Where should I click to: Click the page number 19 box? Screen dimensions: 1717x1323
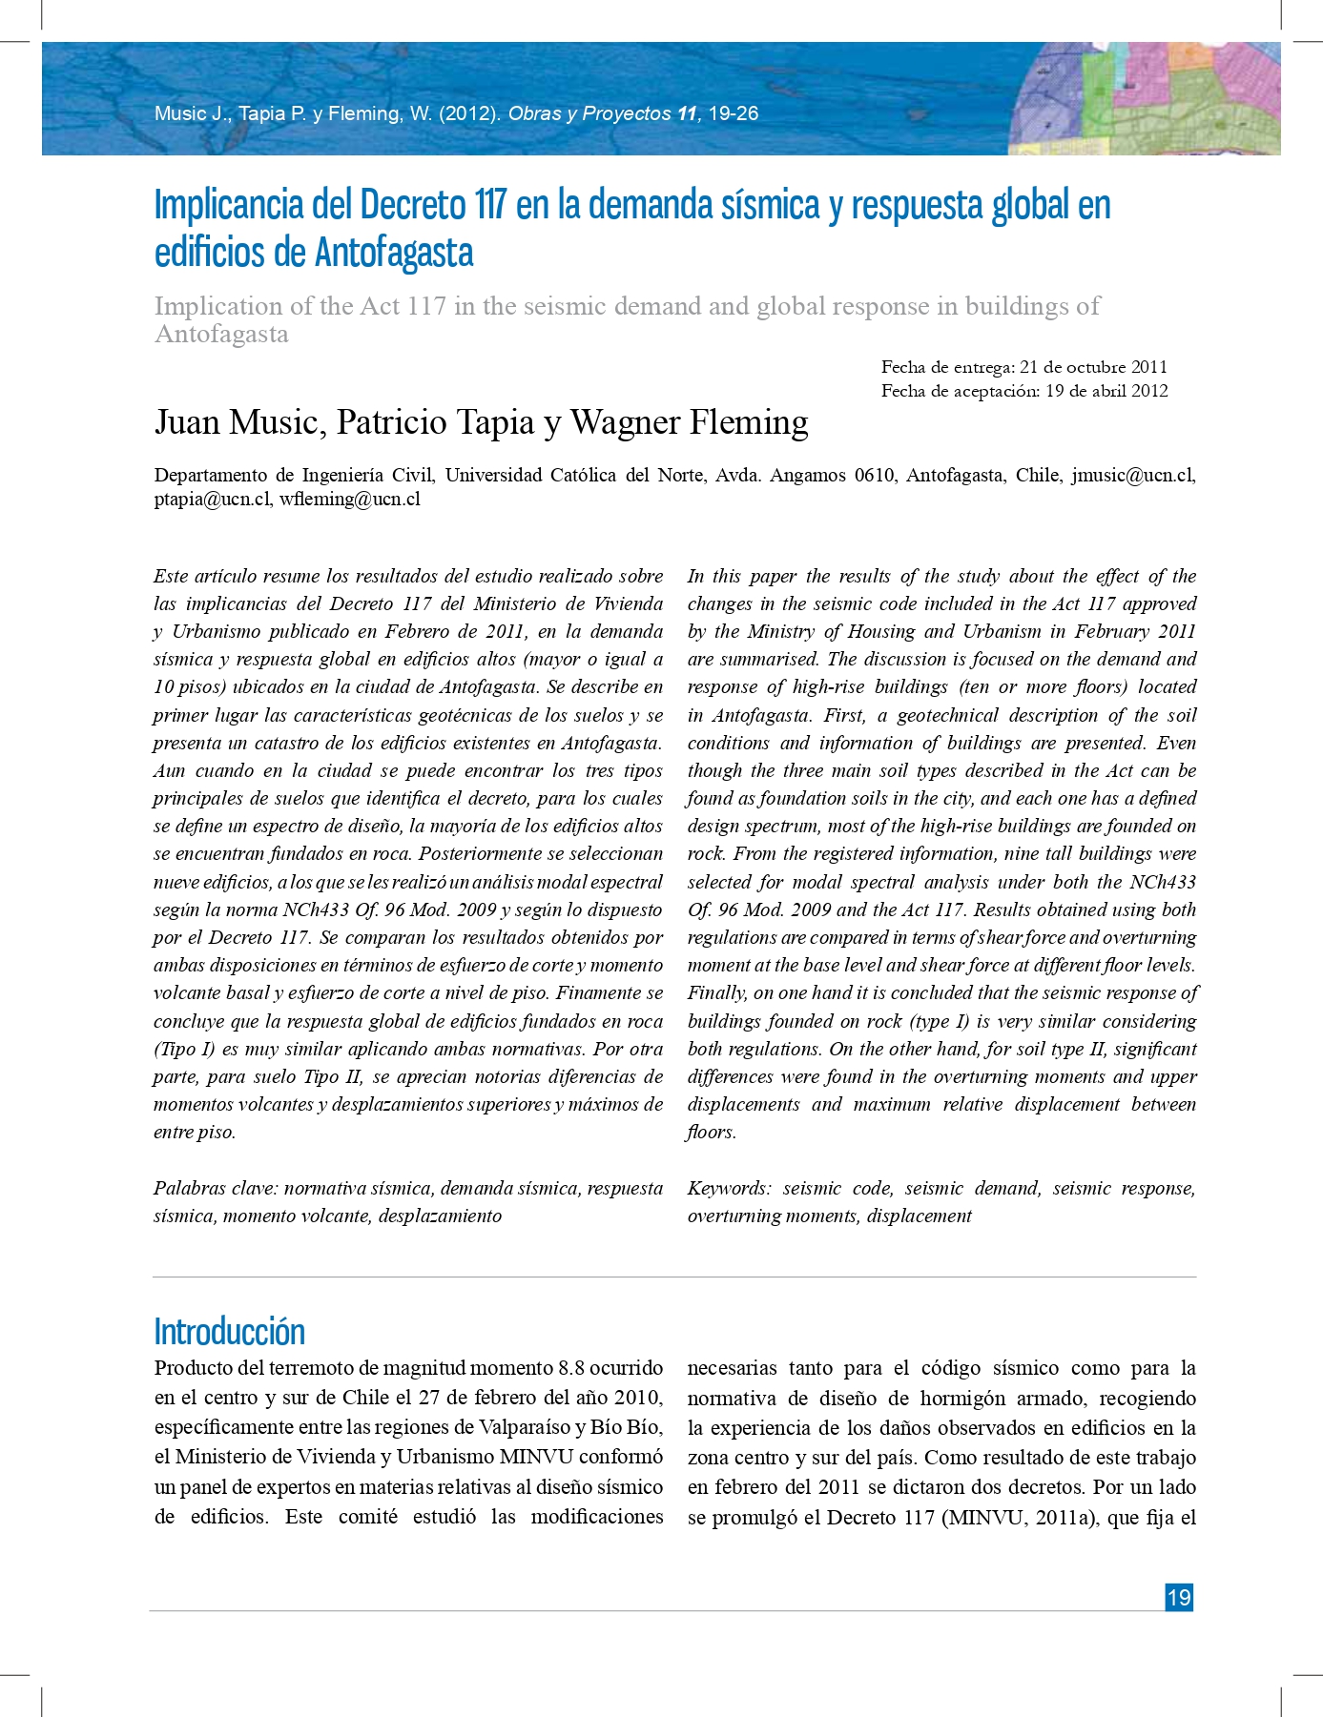(x=1179, y=1597)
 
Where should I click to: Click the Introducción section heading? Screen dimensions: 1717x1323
(x=230, y=1331)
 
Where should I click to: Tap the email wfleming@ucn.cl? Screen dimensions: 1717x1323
(x=350, y=499)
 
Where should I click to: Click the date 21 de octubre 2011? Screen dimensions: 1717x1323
(x=1093, y=367)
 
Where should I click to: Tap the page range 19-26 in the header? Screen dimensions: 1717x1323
(x=734, y=113)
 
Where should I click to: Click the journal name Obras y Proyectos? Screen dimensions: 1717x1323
(x=589, y=113)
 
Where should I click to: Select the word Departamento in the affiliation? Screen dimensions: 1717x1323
(x=210, y=475)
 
